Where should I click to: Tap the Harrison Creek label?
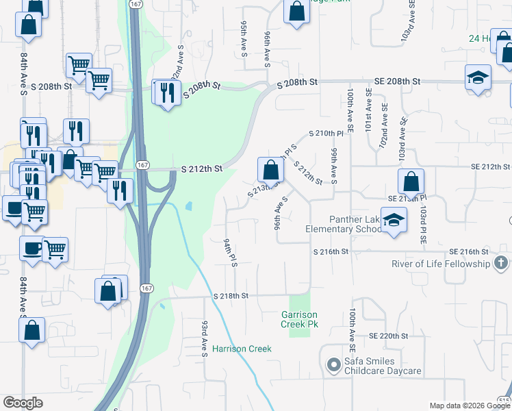click(x=242, y=349)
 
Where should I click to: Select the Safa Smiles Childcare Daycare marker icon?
click(x=333, y=364)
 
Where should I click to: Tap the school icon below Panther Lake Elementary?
click(x=393, y=221)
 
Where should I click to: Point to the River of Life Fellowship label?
click(x=441, y=264)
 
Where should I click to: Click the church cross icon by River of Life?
click(x=501, y=263)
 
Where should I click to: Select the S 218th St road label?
click(x=229, y=296)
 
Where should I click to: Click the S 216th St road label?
click(x=331, y=252)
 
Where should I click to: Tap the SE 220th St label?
click(x=388, y=336)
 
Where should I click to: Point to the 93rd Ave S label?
click(x=204, y=337)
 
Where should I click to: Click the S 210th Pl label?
click(x=325, y=133)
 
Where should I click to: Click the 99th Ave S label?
click(x=334, y=166)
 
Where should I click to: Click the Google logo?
click(x=23, y=403)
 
